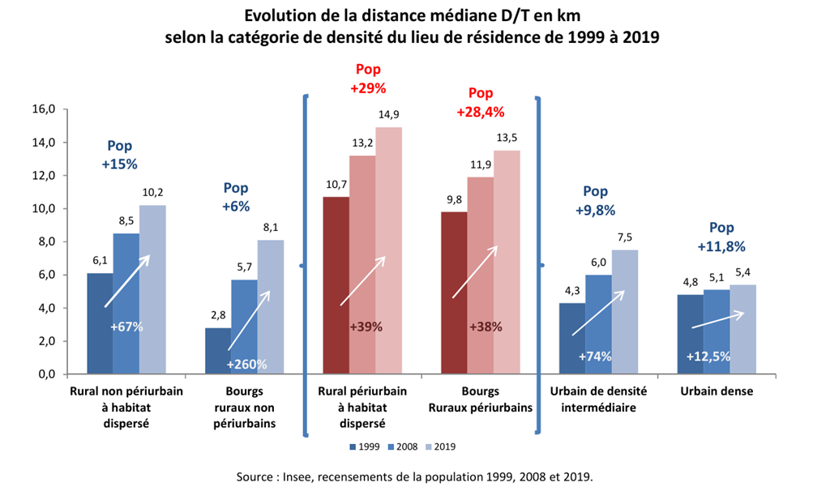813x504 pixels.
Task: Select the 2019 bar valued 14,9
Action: pos(388,250)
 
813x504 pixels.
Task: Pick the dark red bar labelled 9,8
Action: pos(454,293)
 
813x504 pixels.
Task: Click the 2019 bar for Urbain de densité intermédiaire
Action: pos(625,312)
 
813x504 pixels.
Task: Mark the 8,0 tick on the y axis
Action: pos(44,242)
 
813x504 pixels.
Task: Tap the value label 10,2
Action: pos(152,193)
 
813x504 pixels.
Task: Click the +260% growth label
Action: pos(246,365)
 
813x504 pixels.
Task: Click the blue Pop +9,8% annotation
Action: pos(596,201)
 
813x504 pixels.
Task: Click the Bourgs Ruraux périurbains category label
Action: pos(480,399)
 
